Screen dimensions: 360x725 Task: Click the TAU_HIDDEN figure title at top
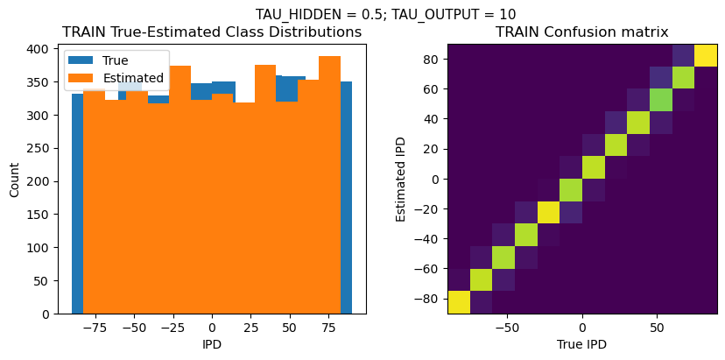pyautogui.click(x=385, y=14)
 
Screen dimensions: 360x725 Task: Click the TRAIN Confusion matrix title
pyautogui.click(x=581, y=32)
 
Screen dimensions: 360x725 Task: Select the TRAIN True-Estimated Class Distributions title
pyautogui.click(x=212, y=32)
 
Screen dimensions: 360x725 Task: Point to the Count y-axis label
pyautogui.click(x=14, y=179)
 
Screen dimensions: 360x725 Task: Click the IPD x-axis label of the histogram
pyautogui.click(x=211, y=344)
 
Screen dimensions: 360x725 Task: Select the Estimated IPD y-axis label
pyautogui.click(x=402, y=179)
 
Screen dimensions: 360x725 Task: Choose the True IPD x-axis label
pyautogui.click(x=581, y=344)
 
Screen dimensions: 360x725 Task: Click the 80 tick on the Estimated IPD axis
pyautogui.click(x=429, y=59)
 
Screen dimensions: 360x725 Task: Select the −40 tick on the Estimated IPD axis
pyautogui.click(x=426, y=238)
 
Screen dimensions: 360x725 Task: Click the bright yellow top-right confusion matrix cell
pyautogui.click(x=706, y=55)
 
